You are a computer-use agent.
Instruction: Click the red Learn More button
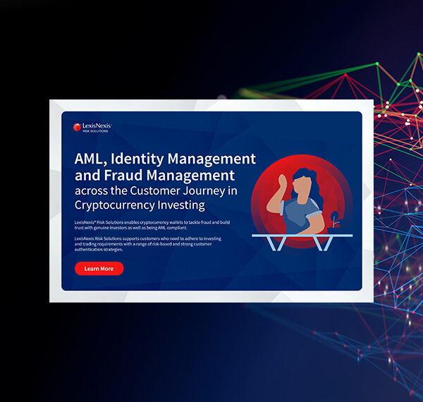[x=99, y=269]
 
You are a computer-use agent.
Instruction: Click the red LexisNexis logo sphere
[x=78, y=128]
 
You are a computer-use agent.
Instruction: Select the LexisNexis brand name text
[x=97, y=126]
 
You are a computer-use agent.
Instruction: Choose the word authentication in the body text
[x=92, y=250]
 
